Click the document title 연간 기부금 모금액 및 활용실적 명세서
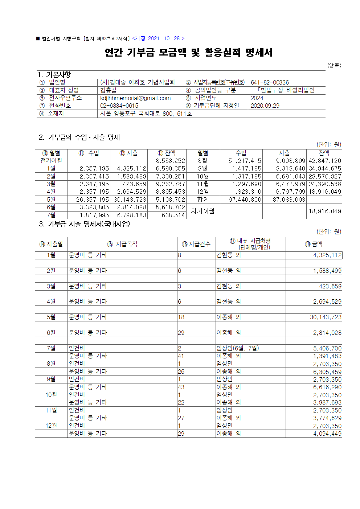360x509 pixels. [x=189, y=53]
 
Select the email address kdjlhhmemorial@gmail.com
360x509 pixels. [x=135, y=98]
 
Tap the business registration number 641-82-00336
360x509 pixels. [x=270, y=82]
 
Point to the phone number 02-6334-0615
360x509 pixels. [x=119, y=106]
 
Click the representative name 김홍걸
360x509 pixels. [x=109, y=90]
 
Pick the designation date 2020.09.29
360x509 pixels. [x=265, y=106]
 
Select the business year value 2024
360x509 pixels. [x=257, y=98]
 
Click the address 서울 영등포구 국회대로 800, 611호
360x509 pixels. [x=146, y=114]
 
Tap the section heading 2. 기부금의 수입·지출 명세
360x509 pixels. [x=79, y=137]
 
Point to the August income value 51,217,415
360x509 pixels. [x=245, y=161]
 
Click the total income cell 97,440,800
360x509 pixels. [x=245, y=200]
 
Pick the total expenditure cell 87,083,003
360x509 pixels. [x=289, y=200]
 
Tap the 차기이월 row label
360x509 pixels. [x=202, y=211]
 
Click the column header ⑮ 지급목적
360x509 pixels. [x=122, y=244]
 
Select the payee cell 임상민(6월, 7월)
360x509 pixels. [x=237, y=348]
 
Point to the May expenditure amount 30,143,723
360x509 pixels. [x=326, y=317]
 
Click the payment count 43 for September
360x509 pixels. [x=181, y=387]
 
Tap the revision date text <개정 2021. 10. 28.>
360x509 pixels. [x=158, y=38]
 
